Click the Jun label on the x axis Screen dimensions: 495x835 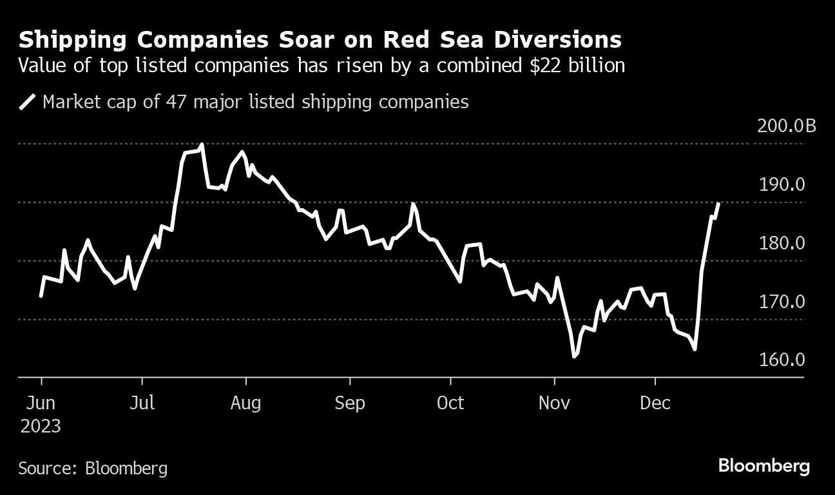[x=41, y=403]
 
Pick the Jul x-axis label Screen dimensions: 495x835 [x=142, y=403]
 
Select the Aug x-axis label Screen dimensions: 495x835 [x=245, y=403]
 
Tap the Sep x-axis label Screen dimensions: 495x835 [x=349, y=403]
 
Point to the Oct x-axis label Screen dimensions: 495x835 [x=450, y=403]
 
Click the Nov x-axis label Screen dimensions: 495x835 [x=554, y=403]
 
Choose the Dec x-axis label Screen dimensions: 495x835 [x=655, y=403]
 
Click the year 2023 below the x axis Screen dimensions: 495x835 [x=40, y=426]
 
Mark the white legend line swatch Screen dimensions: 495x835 [x=28, y=102]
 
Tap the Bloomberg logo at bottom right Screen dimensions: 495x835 [x=764, y=466]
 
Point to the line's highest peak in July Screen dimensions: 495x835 [x=202, y=145]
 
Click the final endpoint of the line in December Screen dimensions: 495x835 [x=718, y=204]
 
